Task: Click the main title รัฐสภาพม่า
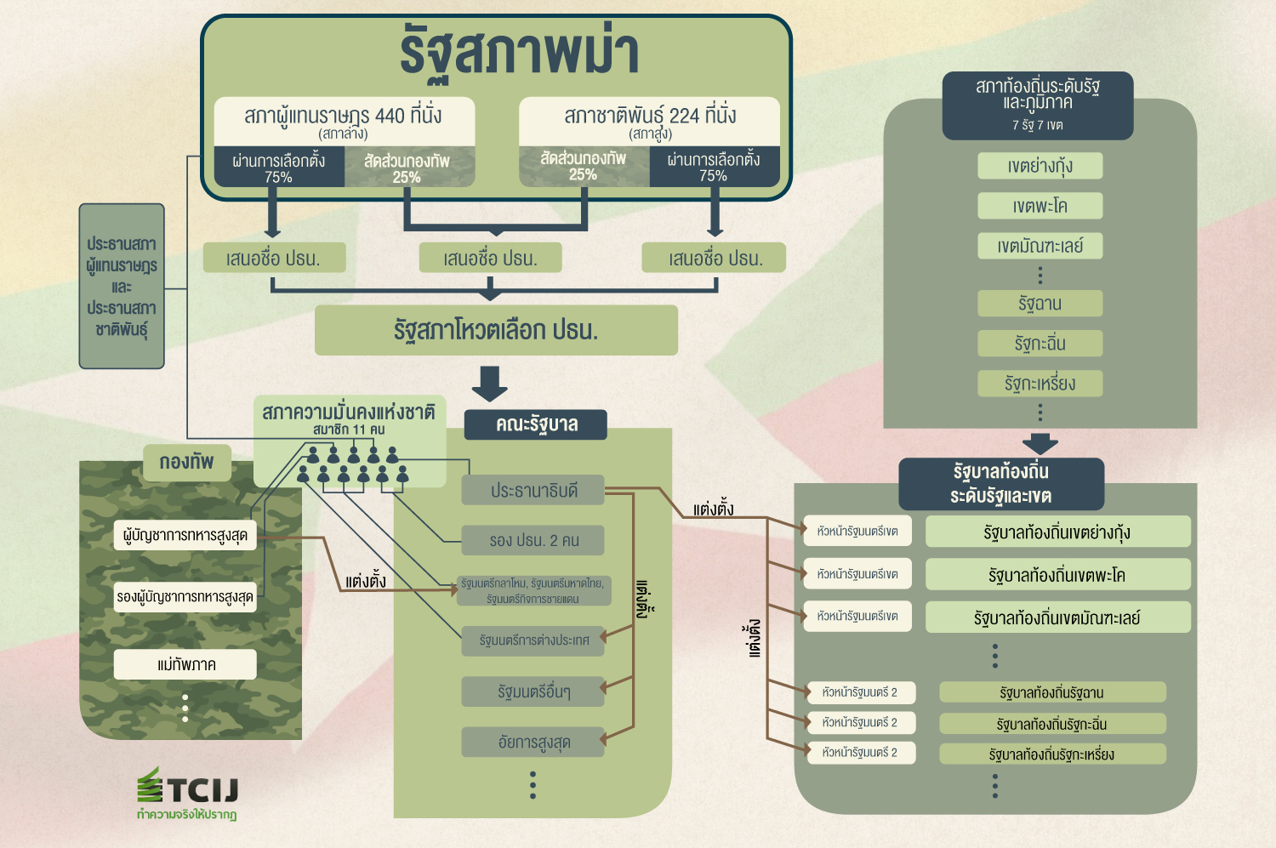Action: click(x=519, y=53)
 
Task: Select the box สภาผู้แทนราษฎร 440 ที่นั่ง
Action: click(x=344, y=121)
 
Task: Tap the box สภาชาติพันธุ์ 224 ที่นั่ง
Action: click(x=650, y=121)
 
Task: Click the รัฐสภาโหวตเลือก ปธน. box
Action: click(x=496, y=330)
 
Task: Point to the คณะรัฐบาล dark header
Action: click(x=536, y=424)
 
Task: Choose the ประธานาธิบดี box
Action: click(x=533, y=491)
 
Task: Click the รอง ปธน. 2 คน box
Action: click(x=533, y=540)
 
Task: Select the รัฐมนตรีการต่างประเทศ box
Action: click(x=533, y=640)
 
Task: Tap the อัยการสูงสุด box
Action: click(x=533, y=743)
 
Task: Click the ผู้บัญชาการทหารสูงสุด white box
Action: click(x=185, y=536)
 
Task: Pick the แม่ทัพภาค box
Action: click(x=185, y=664)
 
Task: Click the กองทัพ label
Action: click(x=187, y=463)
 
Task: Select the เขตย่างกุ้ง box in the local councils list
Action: click(x=1040, y=166)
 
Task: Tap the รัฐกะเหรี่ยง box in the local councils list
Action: click(x=1040, y=384)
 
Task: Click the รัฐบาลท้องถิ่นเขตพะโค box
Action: click(x=1057, y=575)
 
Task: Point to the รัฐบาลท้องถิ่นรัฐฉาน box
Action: click(x=1052, y=692)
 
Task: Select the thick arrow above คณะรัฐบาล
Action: click(x=490, y=383)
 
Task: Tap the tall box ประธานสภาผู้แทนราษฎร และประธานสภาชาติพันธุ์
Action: click(x=122, y=286)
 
